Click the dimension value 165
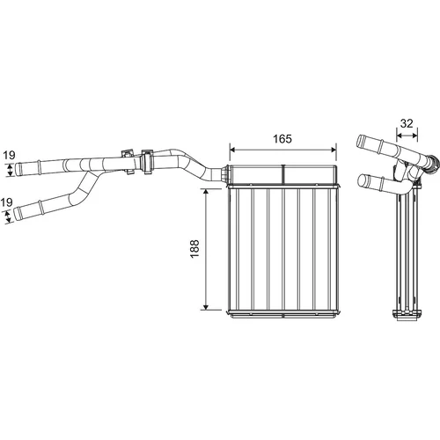tap(282, 139)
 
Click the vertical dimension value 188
tap(194, 249)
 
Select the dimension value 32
tap(407, 123)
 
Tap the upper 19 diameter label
tap(9, 155)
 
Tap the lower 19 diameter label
tap(6, 202)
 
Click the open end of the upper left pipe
tap(18, 169)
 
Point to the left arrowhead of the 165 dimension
tap(232, 150)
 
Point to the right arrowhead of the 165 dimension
tap(334, 150)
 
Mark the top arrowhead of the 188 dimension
tap(206, 192)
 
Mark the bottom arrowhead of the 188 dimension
tap(206, 307)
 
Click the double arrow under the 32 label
tap(407, 136)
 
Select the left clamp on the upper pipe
tap(128, 161)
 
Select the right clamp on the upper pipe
tap(147, 161)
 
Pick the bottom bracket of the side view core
tap(407, 315)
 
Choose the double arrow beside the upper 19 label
tap(11, 170)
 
